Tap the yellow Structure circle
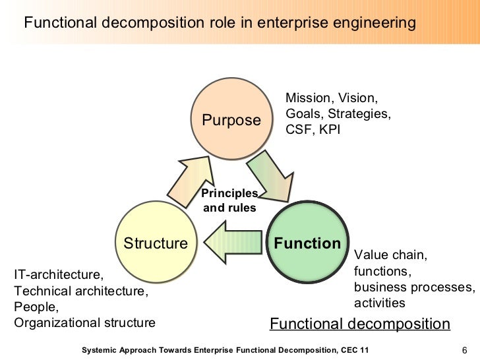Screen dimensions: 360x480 pyautogui.click(x=156, y=243)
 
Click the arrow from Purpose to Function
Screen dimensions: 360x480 pyautogui.click(x=270, y=175)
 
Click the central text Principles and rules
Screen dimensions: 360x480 pyautogui.click(x=229, y=200)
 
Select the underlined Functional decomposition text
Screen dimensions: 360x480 pyautogui.click(x=360, y=324)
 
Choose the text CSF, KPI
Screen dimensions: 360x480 pyautogui.click(x=313, y=130)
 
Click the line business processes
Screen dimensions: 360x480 pyautogui.click(x=414, y=287)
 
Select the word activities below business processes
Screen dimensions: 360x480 pyautogui.click(x=379, y=303)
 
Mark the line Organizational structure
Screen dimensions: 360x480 pyautogui.click(x=84, y=322)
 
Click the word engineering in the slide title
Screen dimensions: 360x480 pyautogui.click(x=376, y=23)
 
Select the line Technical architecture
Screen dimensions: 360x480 pyautogui.click(x=81, y=290)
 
